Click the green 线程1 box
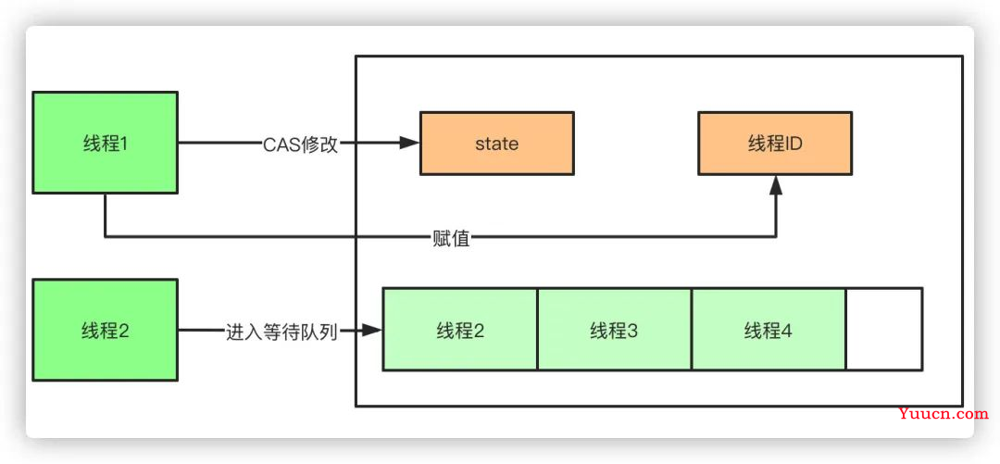click(x=105, y=143)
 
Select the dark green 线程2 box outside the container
click(x=105, y=330)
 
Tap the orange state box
click(x=496, y=144)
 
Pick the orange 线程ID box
click(x=774, y=144)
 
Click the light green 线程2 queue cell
click(x=460, y=330)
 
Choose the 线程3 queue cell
click(x=614, y=330)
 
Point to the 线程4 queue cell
click(x=768, y=330)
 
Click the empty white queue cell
click(x=883, y=330)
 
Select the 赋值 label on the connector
click(x=451, y=238)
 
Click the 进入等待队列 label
click(x=280, y=330)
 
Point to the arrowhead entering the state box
click(x=410, y=144)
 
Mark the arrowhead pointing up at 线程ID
click(x=776, y=184)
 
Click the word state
click(x=496, y=144)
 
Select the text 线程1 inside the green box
click(x=105, y=143)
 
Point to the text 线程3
click(x=614, y=331)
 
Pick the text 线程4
click(x=768, y=331)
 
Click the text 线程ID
click(x=774, y=144)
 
